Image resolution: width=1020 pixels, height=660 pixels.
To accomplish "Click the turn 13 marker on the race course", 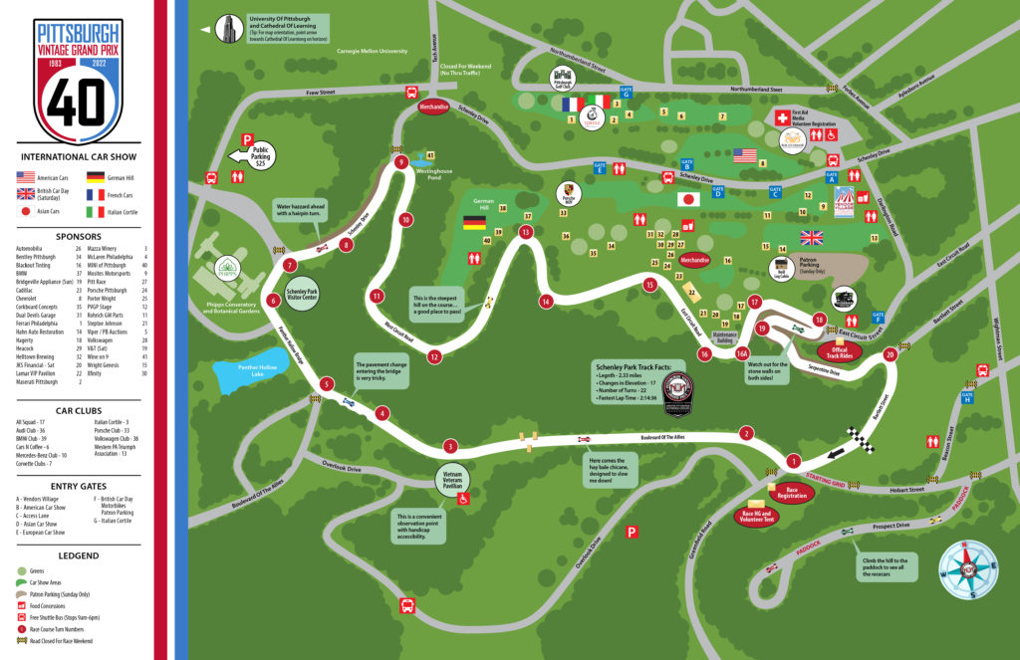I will [525, 232].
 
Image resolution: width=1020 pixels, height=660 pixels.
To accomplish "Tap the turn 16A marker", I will [741, 352].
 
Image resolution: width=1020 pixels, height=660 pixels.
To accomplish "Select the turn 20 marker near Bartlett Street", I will [890, 352].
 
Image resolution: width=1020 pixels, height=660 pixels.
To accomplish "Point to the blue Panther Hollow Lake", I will [247, 377].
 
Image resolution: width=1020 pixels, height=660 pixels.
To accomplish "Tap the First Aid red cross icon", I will [783, 117].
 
